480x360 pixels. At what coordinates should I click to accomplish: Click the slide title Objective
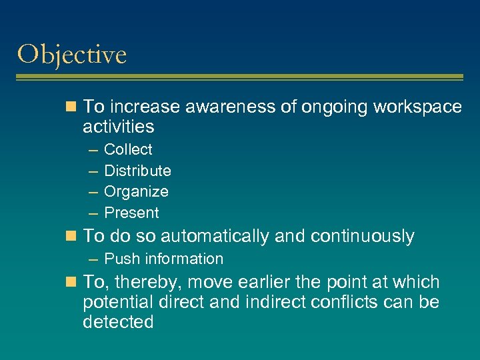72,55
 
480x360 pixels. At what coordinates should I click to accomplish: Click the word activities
118,127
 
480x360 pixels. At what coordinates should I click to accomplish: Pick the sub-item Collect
128,150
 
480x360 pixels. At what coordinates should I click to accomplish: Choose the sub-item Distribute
137,171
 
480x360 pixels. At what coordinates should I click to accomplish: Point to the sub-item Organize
136,192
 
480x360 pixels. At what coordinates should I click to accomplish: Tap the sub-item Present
131,213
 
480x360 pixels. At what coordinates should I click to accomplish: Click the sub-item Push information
163,259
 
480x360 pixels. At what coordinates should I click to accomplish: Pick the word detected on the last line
118,322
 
